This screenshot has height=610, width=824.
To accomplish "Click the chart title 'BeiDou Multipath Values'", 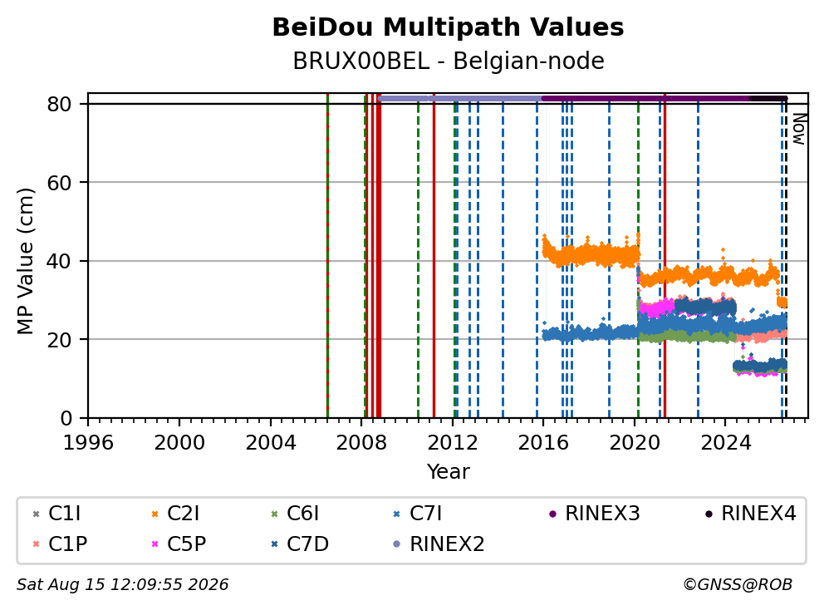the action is click(x=448, y=27).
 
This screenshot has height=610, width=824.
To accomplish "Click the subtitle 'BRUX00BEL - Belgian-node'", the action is click(x=449, y=61).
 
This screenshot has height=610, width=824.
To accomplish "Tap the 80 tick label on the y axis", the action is click(x=59, y=104).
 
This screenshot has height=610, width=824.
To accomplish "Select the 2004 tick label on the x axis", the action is click(x=271, y=443).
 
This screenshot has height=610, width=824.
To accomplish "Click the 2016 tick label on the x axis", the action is click(x=543, y=443).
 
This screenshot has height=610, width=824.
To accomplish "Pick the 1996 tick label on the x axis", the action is click(x=88, y=443).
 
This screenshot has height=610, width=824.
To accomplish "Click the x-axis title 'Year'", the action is click(x=448, y=471).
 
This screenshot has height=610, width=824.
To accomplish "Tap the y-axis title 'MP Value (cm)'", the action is click(x=25, y=261).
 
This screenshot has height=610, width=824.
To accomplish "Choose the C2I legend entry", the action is click(x=175, y=514).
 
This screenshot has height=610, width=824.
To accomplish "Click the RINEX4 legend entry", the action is click(x=750, y=514).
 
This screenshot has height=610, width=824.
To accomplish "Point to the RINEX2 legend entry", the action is click(x=439, y=544).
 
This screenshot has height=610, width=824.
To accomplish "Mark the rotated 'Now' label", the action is click(x=799, y=129).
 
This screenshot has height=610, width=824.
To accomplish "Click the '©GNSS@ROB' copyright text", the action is click(x=738, y=584).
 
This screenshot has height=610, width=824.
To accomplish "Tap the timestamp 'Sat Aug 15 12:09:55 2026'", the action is click(x=122, y=584).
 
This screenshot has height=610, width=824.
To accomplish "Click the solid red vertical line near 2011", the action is click(x=434, y=256).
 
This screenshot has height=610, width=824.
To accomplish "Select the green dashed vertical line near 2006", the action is click(x=327, y=256).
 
